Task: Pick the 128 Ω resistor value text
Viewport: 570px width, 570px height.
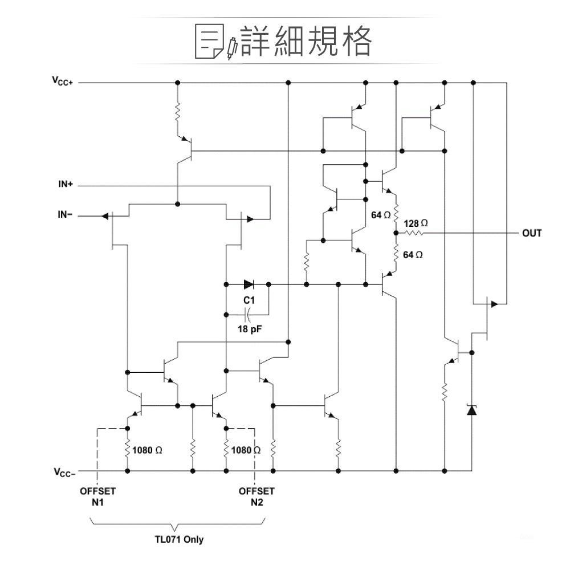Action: pos(415,222)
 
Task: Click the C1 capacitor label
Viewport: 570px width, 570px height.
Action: pos(249,300)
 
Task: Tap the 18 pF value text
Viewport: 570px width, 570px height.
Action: pos(249,329)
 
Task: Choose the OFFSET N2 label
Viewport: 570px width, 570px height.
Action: pos(256,496)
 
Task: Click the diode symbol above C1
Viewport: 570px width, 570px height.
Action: pos(249,284)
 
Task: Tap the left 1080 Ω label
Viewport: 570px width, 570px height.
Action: pos(146,450)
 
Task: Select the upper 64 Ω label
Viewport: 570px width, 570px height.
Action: pos(380,215)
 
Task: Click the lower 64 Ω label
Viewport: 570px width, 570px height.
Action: pos(413,255)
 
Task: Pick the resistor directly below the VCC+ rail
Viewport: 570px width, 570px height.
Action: pos(177,111)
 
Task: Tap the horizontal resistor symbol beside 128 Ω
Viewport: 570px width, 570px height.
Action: pos(414,233)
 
